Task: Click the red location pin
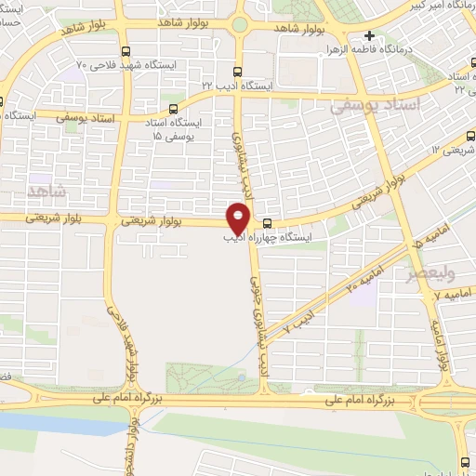(x=240, y=217)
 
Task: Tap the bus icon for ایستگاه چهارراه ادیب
(x=267, y=223)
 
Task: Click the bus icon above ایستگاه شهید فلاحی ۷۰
(x=126, y=52)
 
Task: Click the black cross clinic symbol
(x=369, y=35)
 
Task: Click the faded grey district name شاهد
(x=47, y=191)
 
